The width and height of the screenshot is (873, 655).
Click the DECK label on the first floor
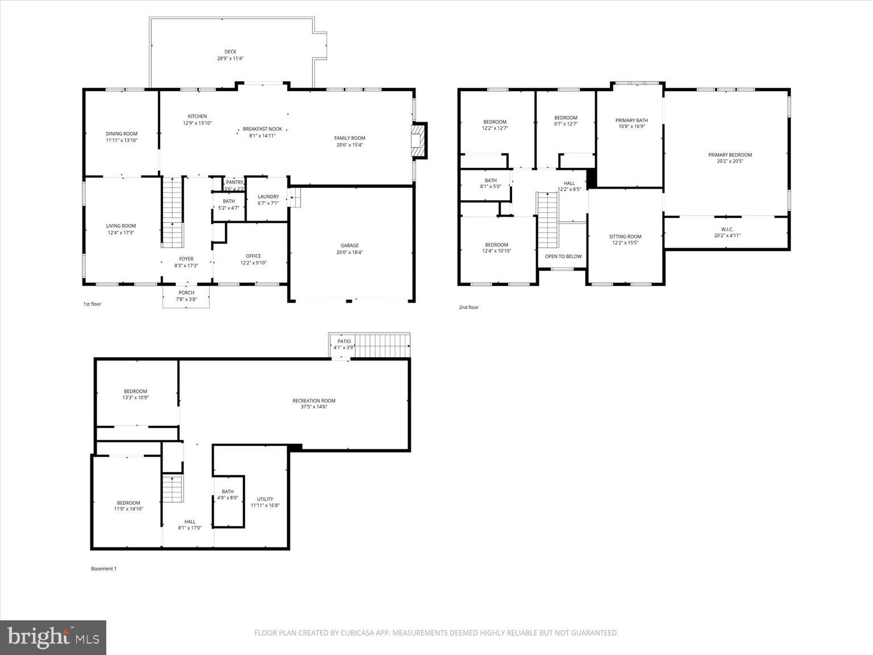(x=230, y=52)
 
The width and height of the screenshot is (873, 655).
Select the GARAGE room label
(x=350, y=246)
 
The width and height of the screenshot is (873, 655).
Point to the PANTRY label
(x=234, y=183)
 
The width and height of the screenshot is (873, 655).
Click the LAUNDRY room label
(x=268, y=197)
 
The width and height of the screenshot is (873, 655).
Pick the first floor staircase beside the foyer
(x=172, y=212)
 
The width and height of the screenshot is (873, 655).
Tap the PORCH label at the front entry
(x=186, y=293)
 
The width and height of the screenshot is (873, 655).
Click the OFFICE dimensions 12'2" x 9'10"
(x=253, y=263)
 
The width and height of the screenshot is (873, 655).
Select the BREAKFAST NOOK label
(x=262, y=129)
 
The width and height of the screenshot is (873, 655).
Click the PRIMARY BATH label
(x=631, y=121)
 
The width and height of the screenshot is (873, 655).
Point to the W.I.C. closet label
(x=727, y=229)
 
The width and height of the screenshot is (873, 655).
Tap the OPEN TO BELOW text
(x=563, y=256)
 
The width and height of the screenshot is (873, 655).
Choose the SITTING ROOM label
(x=625, y=237)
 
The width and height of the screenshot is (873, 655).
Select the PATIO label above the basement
(x=344, y=341)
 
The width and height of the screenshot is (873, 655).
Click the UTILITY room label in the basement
(x=265, y=499)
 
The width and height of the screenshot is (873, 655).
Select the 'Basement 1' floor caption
(x=103, y=569)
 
